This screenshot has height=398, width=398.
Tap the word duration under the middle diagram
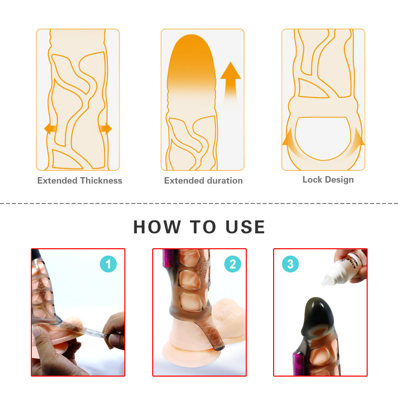click(x=222, y=181)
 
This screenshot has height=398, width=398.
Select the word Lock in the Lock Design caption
click(x=312, y=180)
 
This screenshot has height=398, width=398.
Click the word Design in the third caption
click(x=339, y=180)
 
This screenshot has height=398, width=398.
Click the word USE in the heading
click(x=245, y=227)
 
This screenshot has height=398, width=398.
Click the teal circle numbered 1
click(x=108, y=264)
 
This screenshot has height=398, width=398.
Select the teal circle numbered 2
click(x=232, y=264)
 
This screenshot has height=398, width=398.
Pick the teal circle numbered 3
click(x=291, y=264)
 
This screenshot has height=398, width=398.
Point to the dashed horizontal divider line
click(x=199, y=203)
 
